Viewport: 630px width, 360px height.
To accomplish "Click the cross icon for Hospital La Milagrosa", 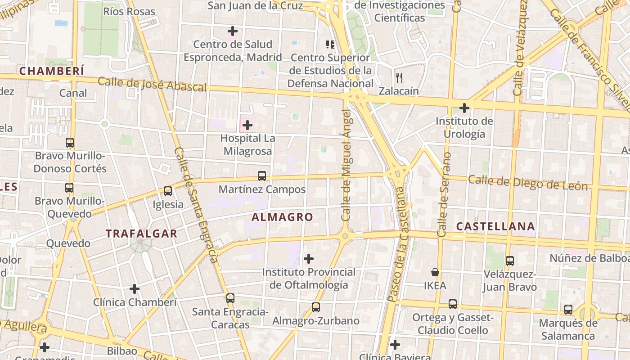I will coord(247,125).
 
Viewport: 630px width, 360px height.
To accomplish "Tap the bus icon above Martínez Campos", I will coord(261,176).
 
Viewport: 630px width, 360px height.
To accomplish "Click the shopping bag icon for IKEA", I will coord(435,272).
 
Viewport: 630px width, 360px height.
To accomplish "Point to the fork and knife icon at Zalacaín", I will coord(399,77).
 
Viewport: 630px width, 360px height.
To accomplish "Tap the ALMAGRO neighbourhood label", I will coord(282,217).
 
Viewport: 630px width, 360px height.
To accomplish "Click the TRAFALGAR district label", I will coord(141,234).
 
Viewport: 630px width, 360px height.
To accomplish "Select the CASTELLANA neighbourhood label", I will coord(495,226).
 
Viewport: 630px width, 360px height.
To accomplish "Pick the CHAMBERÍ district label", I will coord(52,71).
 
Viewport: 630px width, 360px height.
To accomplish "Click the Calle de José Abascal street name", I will coord(152,84).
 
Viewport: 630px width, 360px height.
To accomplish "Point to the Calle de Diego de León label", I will coord(528,183).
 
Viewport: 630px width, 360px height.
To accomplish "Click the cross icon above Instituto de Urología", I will coord(464,108).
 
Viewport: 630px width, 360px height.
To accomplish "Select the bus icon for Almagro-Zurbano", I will coord(316,307).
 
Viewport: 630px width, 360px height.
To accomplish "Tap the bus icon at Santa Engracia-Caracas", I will coord(230,298).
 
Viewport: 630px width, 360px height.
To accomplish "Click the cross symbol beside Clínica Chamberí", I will coord(135,289).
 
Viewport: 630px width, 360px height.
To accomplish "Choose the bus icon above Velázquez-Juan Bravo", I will coord(510,261).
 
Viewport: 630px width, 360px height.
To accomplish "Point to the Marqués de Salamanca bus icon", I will coord(568,310).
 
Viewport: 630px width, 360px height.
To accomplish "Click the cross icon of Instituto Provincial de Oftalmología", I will coord(309,259).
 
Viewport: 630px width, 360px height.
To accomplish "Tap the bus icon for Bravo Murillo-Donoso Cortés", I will coord(70,143).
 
